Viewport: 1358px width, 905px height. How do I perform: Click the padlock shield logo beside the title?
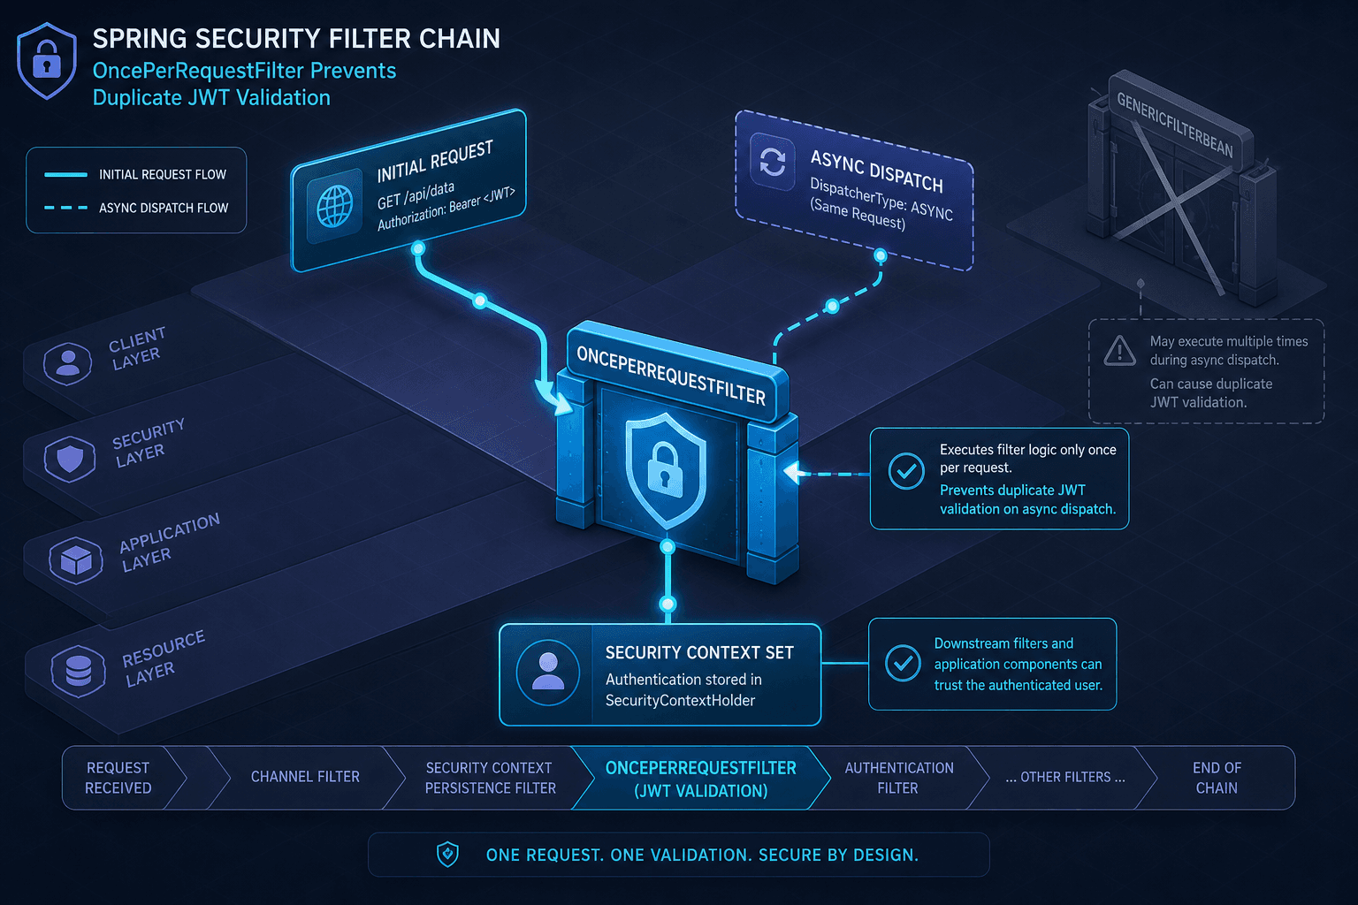coord(47,61)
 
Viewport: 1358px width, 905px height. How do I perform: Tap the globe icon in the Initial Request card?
coord(335,206)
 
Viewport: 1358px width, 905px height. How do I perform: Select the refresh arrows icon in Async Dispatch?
coord(773,161)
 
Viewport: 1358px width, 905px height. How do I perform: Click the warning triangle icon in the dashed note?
coord(1119,351)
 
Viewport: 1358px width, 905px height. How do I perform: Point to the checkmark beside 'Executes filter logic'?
coord(906,471)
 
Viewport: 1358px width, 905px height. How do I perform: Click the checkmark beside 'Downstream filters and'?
coord(903,663)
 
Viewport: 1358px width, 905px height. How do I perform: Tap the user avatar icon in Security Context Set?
coord(548,673)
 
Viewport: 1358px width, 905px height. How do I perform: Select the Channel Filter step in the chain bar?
coord(305,777)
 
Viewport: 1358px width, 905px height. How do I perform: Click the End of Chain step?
coord(1217,778)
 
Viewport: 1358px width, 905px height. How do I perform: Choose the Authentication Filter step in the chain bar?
coord(898,778)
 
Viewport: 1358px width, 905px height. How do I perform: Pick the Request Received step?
coord(118,778)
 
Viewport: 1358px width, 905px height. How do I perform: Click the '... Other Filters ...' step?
coord(1065,777)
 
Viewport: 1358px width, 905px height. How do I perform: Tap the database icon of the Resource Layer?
coord(78,671)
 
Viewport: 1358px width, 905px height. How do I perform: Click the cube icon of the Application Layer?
coord(76,560)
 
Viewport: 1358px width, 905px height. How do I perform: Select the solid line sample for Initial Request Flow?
coord(66,175)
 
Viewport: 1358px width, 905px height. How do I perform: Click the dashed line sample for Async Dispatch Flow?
coord(66,208)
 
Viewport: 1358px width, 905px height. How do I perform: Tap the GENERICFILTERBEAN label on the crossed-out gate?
coord(1174,125)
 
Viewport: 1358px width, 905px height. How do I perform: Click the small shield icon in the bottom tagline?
coord(447,855)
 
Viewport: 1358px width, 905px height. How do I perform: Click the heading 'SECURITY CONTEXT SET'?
coord(699,653)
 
